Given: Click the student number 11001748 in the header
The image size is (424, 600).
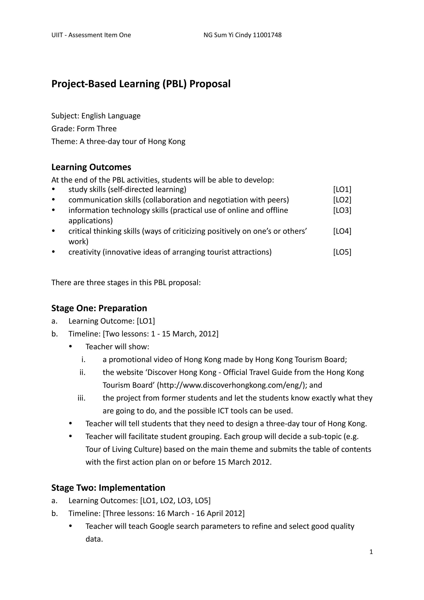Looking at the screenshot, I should pos(267,35).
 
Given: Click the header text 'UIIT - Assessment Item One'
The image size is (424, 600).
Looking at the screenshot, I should pos(91,35).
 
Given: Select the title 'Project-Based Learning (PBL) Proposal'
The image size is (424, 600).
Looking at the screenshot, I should pos(141,84).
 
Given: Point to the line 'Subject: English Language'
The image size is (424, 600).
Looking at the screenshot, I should pos(96,116).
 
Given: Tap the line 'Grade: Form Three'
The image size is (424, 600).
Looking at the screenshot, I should pos(84,129).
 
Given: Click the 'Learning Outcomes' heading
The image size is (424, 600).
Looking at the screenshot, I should pos(91,167).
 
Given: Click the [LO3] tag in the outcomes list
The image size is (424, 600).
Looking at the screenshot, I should pos(342,210).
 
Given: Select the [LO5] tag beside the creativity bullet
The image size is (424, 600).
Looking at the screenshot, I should pos(342,252).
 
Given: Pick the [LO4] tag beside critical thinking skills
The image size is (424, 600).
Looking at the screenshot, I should pos(342,231).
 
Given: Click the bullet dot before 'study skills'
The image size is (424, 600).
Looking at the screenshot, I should pos(54,189).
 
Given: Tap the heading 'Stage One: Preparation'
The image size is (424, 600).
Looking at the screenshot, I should pos(99,308).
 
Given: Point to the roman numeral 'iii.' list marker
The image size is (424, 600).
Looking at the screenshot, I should pos(82,398).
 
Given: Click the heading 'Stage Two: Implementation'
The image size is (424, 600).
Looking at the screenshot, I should pos(108,488).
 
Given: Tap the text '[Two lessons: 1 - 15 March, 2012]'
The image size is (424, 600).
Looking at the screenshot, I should pos(161,334).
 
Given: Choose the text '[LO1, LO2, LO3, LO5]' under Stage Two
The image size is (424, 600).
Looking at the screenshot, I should pos(175,500).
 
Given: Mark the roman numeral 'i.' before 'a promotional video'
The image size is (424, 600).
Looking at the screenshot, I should pos(83,360).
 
